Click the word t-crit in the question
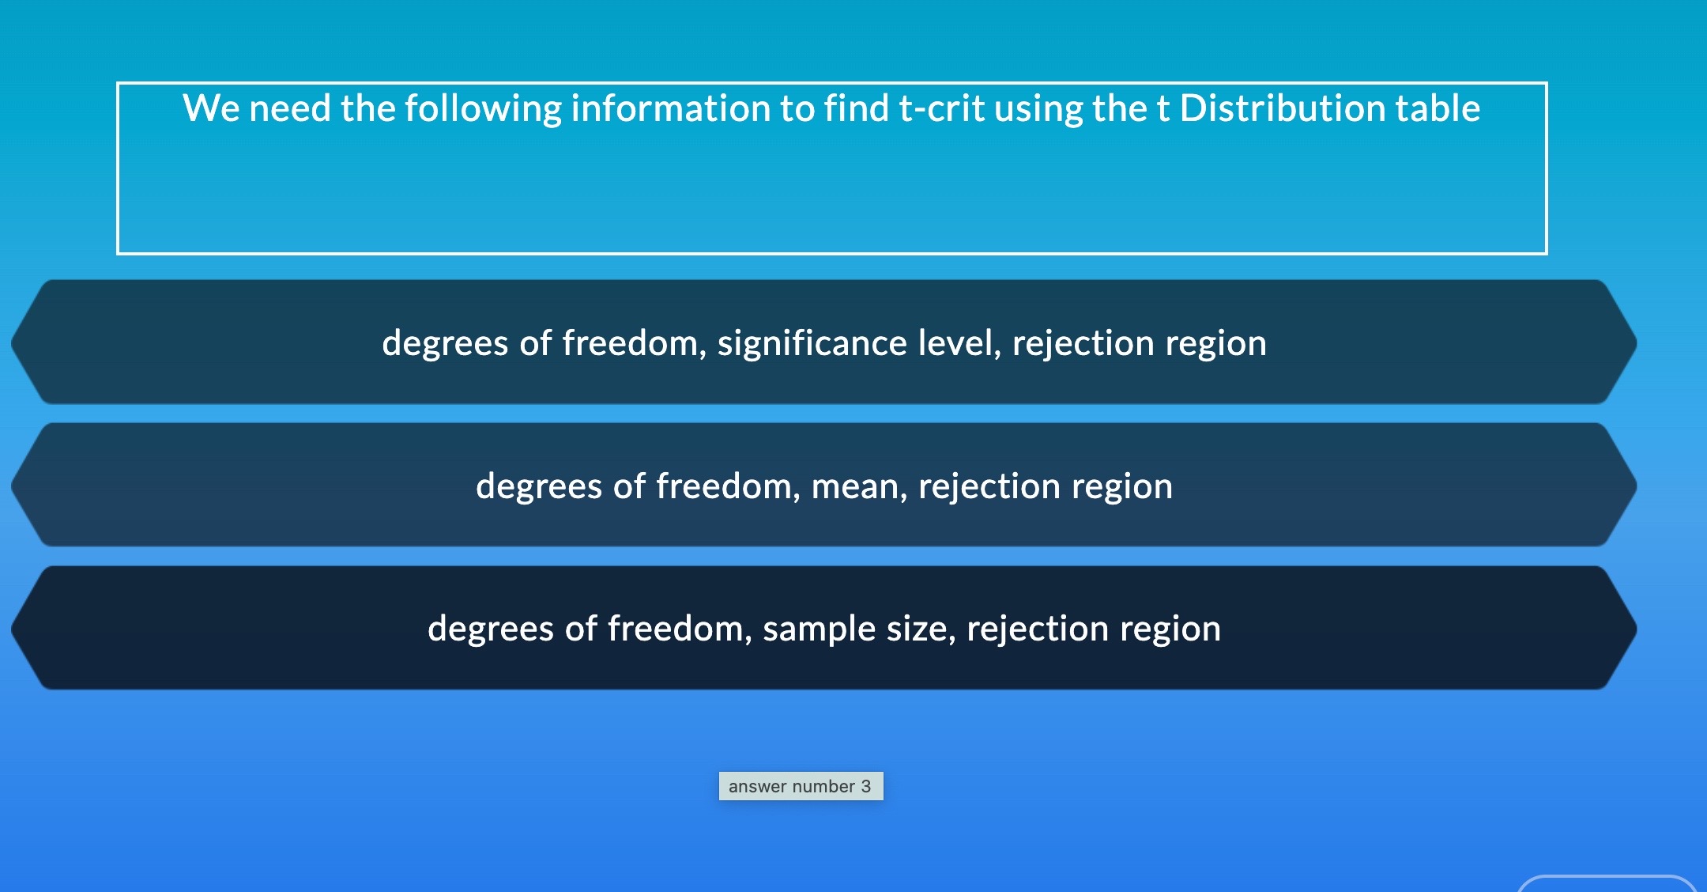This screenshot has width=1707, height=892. click(x=941, y=108)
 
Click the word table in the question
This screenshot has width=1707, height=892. click(x=1438, y=108)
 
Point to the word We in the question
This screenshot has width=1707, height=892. click(x=210, y=108)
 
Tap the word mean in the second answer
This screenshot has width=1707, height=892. click(x=859, y=486)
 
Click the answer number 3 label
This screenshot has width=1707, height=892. click(x=801, y=786)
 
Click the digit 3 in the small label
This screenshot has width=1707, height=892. click(x=866, y=786)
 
